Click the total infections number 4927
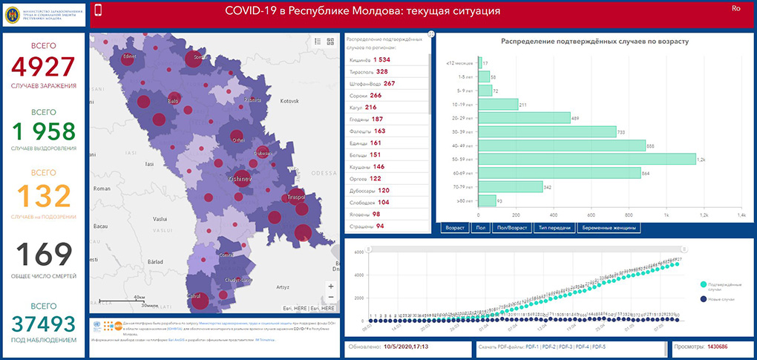pos(44,67)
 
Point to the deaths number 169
pos(44,255)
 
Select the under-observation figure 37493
pos(44,324)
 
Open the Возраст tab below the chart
pos(454,228)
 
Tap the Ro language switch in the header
pos(736,8)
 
